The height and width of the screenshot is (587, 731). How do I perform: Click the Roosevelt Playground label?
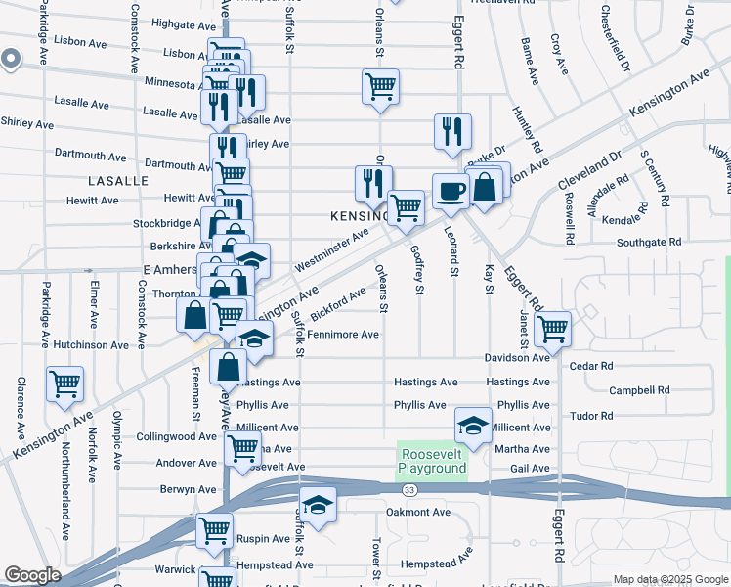point(431,461)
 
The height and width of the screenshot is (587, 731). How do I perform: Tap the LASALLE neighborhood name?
point(117,181)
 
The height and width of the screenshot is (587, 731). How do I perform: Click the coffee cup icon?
point(451,190)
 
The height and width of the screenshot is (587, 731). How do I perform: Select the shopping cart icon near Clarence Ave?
point(65,384)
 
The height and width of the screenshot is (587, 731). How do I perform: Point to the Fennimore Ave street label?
point(342,335)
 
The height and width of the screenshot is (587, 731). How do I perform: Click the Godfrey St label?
point(418,269)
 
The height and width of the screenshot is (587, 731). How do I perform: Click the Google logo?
point(32,575)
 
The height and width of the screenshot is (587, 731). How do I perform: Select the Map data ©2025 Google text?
point(669,579)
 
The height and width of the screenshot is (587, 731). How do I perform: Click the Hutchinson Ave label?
point(91,345)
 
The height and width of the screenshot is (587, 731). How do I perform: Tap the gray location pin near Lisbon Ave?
point(10,60)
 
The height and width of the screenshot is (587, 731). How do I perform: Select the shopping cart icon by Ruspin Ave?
point(214,531)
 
